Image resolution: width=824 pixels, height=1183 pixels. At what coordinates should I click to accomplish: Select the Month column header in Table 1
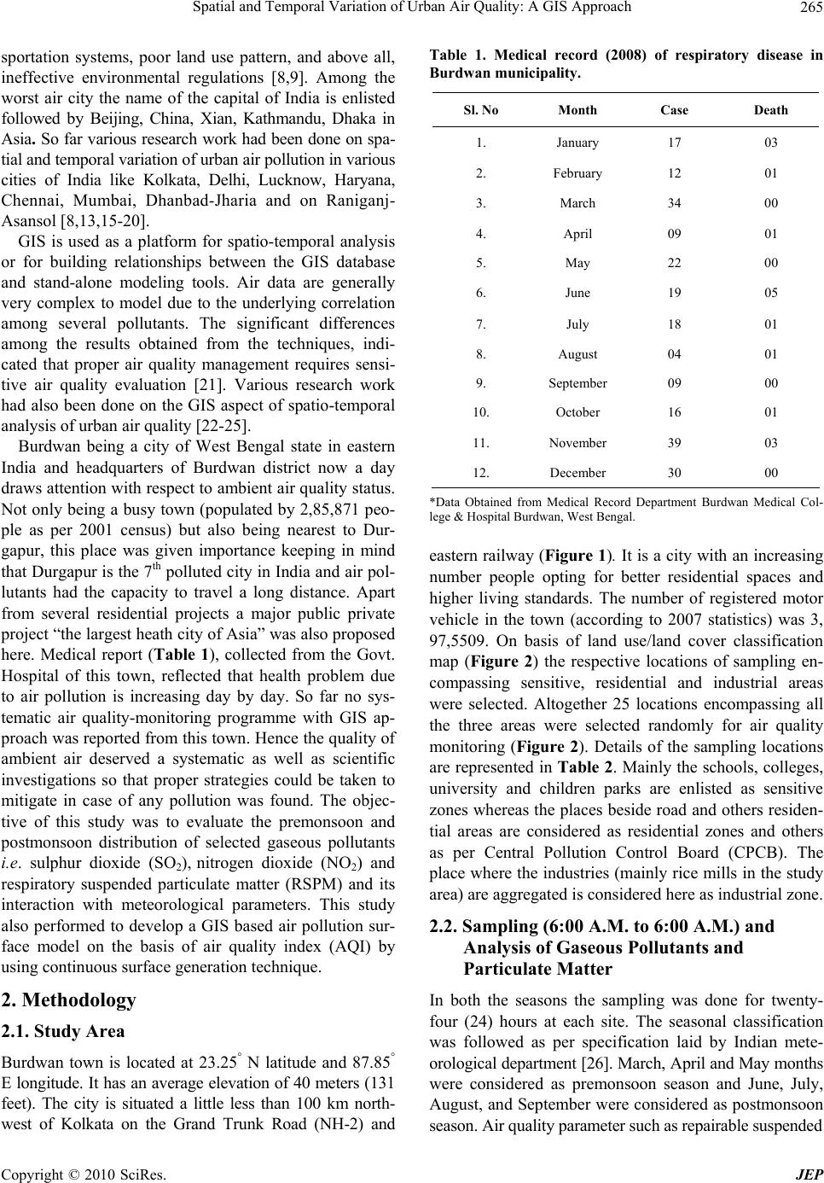pyautogui.click(x=577, y=111)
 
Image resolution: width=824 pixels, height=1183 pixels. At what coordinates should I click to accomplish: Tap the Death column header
pyautogui.click(x=771, y=111)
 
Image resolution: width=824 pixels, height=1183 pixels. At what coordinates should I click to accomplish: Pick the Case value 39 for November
pyautogui.click(x=674, y=443)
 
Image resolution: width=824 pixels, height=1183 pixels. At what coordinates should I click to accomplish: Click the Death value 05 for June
pyautogui.click(x=771, y=293)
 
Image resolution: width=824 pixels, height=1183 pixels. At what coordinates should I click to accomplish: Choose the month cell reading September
pyautogui.click(x=577, y=383)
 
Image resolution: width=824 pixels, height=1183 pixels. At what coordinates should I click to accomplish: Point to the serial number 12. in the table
pyautogui.click(x=481, y=473)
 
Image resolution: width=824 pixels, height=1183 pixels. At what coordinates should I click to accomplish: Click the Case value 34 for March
pyautogui.click(x=674, y=203)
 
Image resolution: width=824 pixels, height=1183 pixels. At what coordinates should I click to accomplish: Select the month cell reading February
pyautogui.click(x=577, y=173)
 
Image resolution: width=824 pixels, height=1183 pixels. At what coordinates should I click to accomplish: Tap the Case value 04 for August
pyautogui.click(x=674, y=353)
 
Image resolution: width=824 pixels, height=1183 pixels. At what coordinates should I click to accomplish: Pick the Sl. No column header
pyautogui.click(x=481, y=111)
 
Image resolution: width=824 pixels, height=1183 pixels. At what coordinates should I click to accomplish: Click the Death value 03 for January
pyautogui.click(x=771, y=143)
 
